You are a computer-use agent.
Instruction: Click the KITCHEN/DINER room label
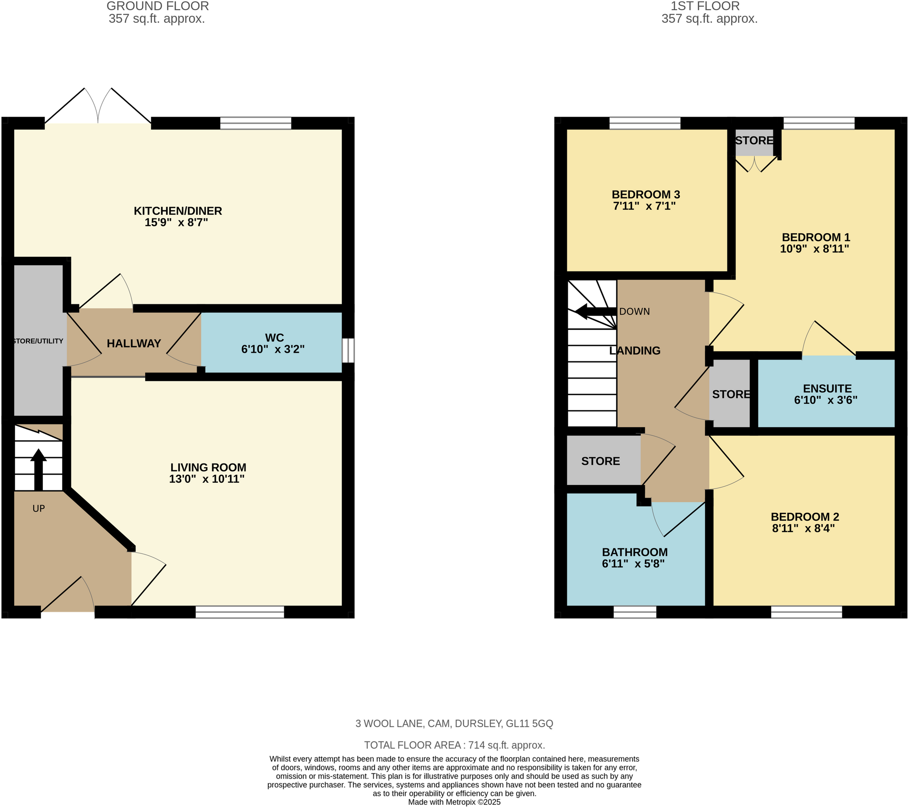point(178,211)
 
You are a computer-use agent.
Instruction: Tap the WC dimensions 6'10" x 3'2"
point(273,349)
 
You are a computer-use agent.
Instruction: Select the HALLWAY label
point(134,344)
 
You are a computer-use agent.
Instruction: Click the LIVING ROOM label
point(208,467)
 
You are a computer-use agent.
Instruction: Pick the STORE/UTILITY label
point(38,341)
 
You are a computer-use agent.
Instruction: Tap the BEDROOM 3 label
point(645,194)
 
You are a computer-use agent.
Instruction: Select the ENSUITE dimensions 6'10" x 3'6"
point(825,400)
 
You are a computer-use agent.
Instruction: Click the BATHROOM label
point(634,552)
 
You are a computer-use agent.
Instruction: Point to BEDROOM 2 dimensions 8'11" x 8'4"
point(803,528)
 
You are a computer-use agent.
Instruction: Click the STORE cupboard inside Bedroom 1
point(754,141)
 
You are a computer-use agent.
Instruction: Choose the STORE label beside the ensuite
point(731,394)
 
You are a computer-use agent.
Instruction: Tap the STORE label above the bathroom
point(600,461)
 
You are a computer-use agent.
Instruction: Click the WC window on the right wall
point(348,350)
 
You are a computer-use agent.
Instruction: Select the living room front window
point(240,612)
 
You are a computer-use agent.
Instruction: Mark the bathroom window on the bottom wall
point(634,612)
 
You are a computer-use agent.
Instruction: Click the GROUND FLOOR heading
point(157,6)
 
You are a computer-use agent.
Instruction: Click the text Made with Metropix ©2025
point(454,802)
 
